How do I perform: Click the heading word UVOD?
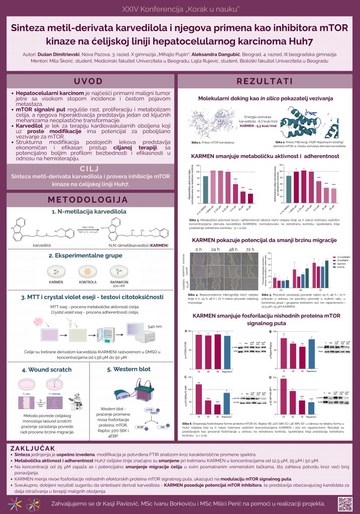coord(89,81)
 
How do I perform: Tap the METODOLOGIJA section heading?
coord(89,200)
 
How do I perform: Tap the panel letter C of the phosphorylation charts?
coord(186,377)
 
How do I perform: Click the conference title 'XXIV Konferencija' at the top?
coord(180,10)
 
